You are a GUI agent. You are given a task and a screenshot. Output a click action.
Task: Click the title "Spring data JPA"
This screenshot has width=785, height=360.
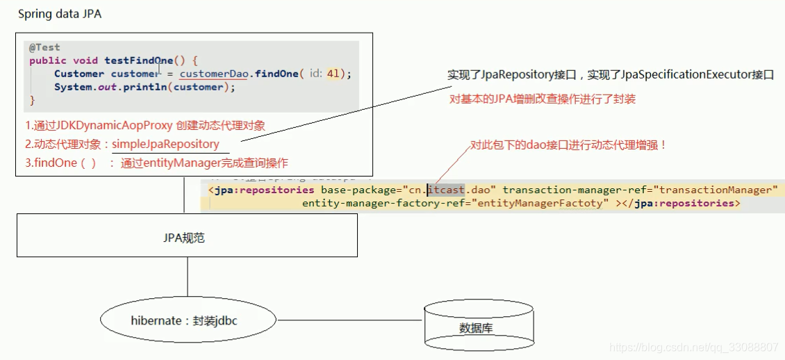pyautogui.click(x=59, y=14)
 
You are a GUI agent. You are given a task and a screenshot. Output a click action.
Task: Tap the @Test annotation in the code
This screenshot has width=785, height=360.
pyautogui.click(x=44, y=47)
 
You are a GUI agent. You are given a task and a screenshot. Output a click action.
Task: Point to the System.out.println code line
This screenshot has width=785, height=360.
pyautogui.click(x=145, y=87)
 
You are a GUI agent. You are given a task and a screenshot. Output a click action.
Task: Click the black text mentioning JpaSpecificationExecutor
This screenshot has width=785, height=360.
pyautogui.click(x=610, y=75)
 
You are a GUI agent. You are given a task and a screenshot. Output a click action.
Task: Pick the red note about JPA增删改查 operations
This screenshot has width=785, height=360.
pyautogui.click(x=542, y=99)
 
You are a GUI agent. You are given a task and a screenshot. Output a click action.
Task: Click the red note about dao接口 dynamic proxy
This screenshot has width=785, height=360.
pyautogui.click(x=568, y=145)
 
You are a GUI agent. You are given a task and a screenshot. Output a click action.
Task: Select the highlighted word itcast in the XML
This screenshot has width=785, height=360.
pyautogui.click(x=445, y=190)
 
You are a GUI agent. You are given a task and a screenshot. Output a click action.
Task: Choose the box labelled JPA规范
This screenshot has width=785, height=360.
pyautogui.click(x=188, y=238)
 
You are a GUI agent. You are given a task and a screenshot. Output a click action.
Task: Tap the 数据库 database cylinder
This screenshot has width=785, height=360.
pyautogui.click(x=479, y=327)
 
